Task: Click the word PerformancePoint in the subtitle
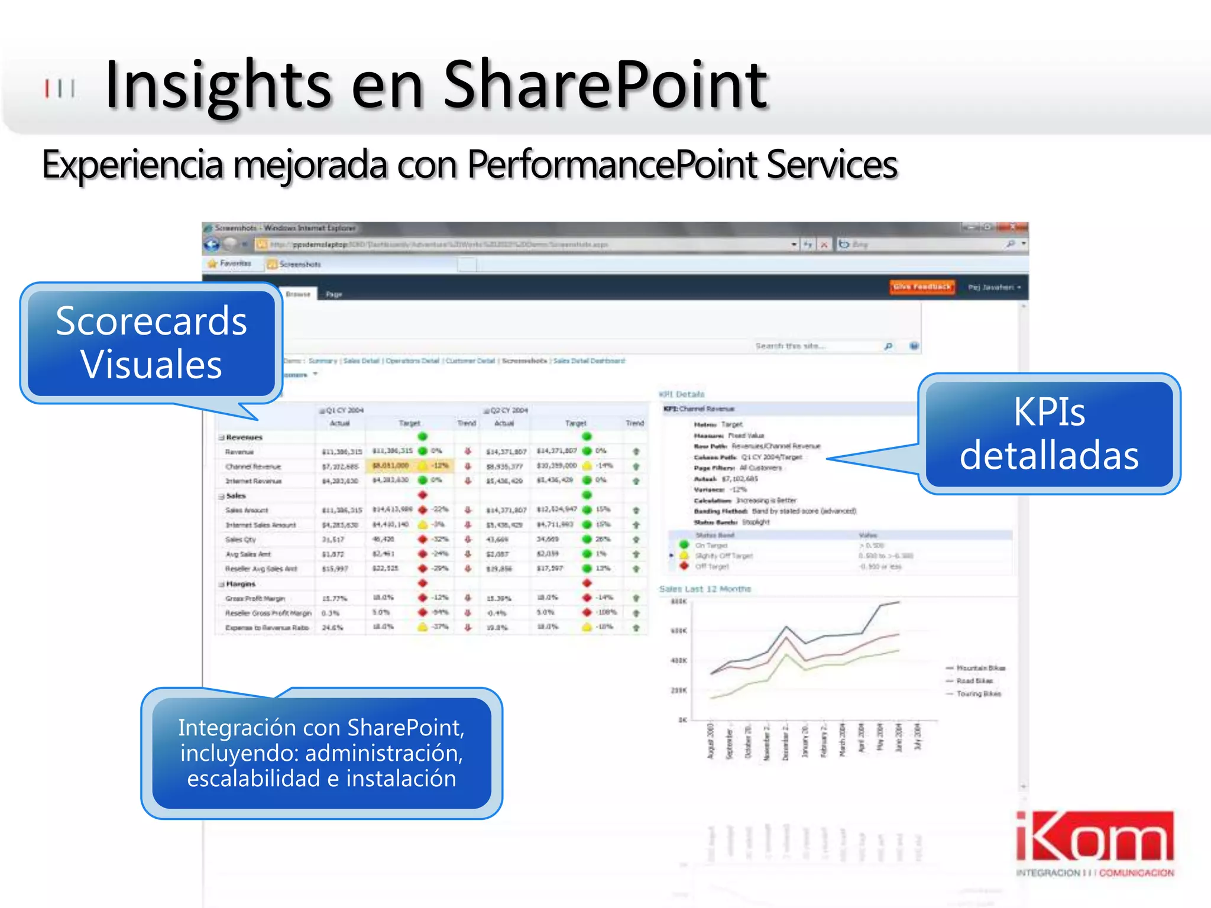[x=613, y=164]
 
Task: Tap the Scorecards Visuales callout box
[x=151, y=343]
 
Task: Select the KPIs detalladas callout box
[x=1049, y=433]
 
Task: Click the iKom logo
[x=1095, y=842]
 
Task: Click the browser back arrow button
[x=212, y=244]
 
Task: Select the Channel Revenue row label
[x=253, y=466]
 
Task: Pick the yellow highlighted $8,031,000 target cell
[x=390, y=466]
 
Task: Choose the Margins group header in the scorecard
[x=241, y=584]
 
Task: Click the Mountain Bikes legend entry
[x=980, y=668]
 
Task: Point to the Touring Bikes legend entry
[x=978, y=694]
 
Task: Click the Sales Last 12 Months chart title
[x=705, y=589]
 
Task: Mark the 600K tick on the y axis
[x=679, y=631]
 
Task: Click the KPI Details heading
[x=682, y=394]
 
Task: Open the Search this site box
[x=816, y=346]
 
